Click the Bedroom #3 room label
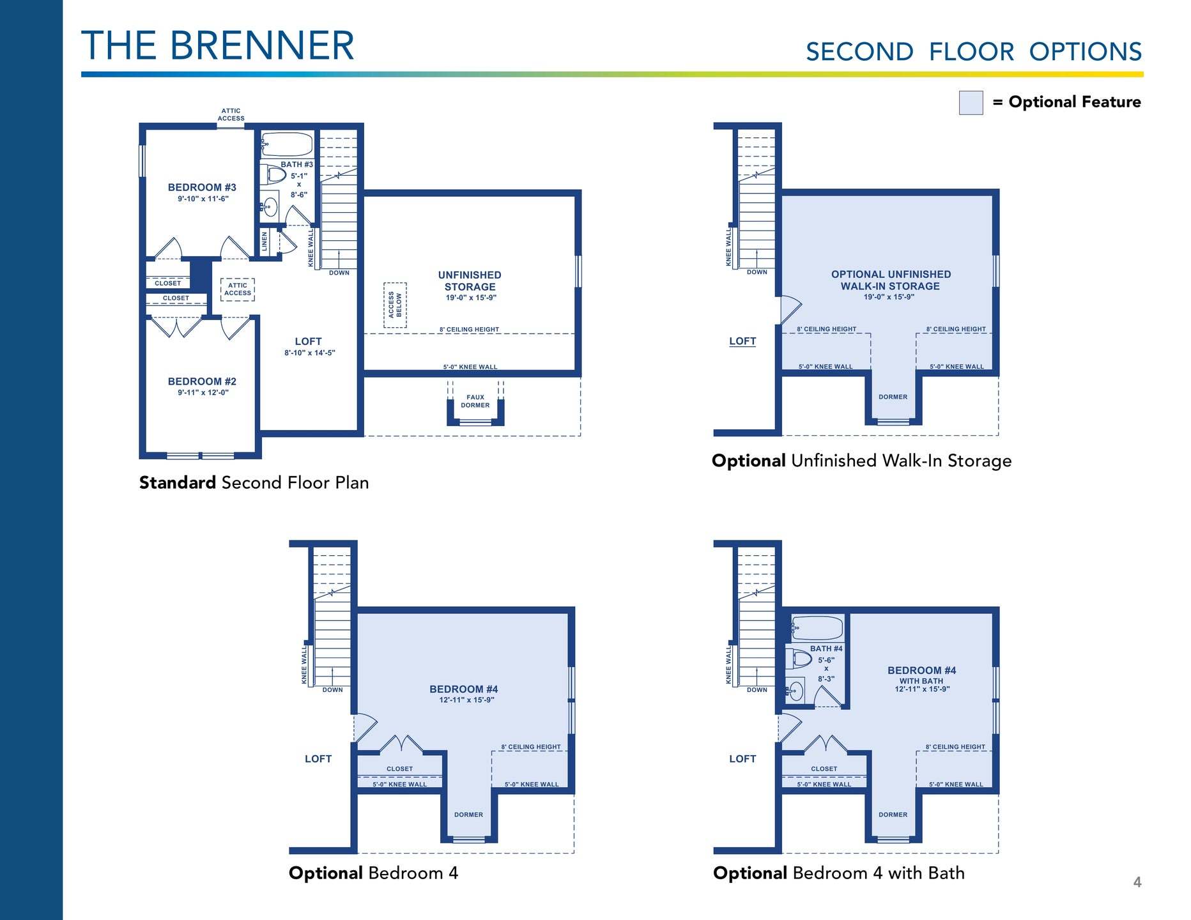coord(202,187)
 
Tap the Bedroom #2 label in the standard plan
coord(202,381)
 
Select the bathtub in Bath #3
coord(287,144)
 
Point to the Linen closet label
coord(265,241)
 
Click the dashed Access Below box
coord(395,305)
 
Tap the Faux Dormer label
coord(475,401)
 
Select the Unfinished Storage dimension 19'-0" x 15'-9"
coord(471,298)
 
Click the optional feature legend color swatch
coord(971,103)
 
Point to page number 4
coord(1137,882)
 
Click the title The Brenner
coord(218,46)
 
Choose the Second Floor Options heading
coord(974,52)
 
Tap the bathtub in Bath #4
coord(817,628)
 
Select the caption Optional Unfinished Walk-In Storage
coord(862,461)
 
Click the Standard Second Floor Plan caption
coord(254,482)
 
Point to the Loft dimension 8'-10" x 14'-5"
coord(310,353)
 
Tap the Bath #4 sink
coord(796,690)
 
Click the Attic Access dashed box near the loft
coord(238,289)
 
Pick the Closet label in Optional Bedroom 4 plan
coord(400,769)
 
